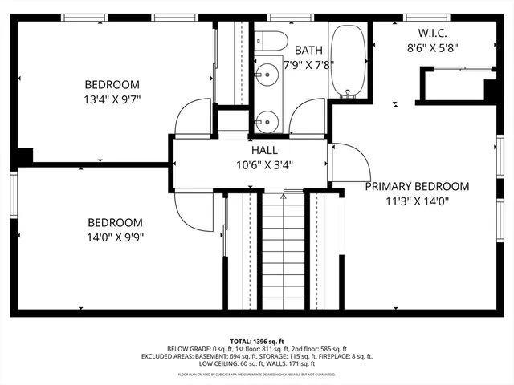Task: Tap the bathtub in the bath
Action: pos(349,62)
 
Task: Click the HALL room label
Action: pos(263,150)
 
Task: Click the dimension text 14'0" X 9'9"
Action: pos(116,237)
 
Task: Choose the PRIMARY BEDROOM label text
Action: pos(417,186)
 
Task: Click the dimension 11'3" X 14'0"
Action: pos(417,202)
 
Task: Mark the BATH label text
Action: pos(308,50)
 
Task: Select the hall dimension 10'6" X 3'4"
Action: pos(263,165)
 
